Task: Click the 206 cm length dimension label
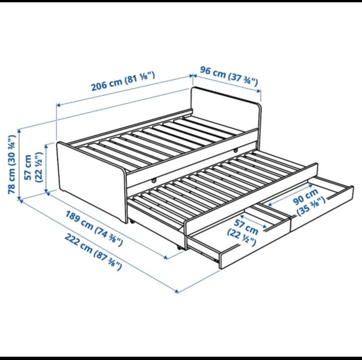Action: [123, 81]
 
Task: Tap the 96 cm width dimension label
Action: [229, 76]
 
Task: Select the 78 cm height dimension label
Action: [12, 164]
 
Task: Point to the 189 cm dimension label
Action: [94, 228]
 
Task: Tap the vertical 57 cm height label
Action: [33, 167]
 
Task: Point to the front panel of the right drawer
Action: [323, 208]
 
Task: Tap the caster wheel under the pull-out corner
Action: [179, 248]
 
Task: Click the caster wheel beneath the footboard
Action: [132, 222]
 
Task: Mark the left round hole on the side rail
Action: [154, 181]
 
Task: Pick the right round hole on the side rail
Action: [236, 151]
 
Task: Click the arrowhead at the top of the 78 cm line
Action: [20, 131]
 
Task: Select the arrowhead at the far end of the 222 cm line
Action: [177, 291]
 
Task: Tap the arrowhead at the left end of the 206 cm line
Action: [58, 105]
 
